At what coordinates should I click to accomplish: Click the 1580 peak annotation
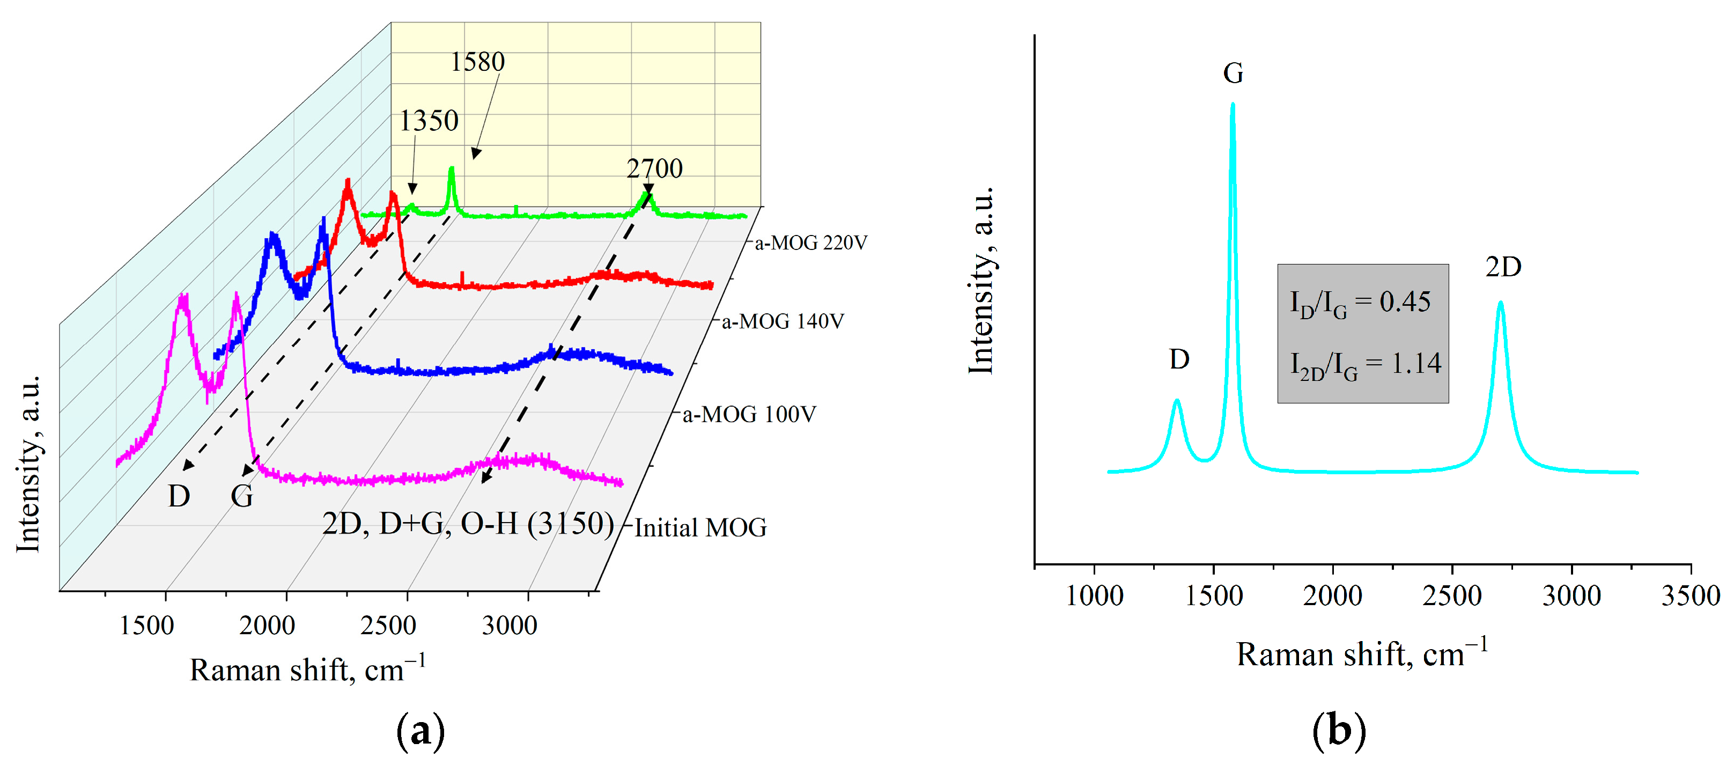coord(477,62)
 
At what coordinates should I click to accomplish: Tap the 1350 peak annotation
coord(429,121)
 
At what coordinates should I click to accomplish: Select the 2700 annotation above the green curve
coord(654,168)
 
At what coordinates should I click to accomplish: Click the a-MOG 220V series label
coord(810,242)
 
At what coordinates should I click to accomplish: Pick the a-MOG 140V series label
coord(782,321)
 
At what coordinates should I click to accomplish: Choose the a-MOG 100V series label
coord(749,414)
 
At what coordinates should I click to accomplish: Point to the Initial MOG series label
coord(700,527)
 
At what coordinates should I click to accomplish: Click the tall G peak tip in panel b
coord(1233,105)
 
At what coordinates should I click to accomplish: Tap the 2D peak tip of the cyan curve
coord(1500,303)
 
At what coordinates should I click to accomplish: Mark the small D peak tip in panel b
coord(1177,401)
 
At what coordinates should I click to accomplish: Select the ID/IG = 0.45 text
coord(1360,303)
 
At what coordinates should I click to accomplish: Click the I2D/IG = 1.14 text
coord(1364,364)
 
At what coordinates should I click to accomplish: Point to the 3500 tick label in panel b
coord(1690,596)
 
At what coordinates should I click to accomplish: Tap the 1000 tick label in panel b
coord(1094,596)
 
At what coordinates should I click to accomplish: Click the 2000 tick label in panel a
coord(267,626)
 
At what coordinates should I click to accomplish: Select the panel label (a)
coord(420,731)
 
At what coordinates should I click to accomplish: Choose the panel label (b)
coord(1338,731)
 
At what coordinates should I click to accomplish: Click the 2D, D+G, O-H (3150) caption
coord(468,523)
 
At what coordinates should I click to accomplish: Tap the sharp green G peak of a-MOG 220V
coord(452,170)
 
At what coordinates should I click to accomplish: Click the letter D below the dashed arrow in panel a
coord(179,496)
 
